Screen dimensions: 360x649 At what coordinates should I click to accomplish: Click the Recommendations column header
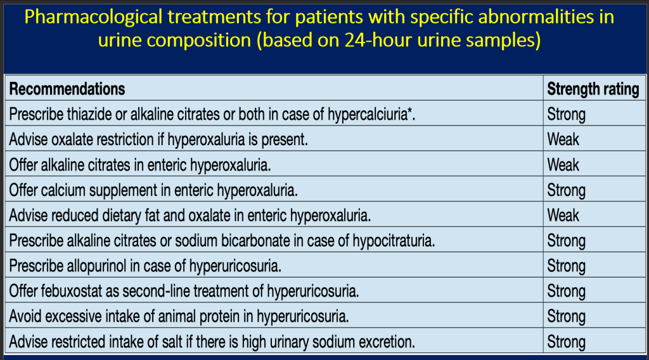tap(67, 89)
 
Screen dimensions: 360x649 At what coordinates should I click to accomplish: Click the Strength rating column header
tap(593, 89)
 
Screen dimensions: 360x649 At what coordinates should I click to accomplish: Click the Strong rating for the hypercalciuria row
tap(566, 114)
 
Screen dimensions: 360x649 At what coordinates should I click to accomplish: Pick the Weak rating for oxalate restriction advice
tap(563, 139)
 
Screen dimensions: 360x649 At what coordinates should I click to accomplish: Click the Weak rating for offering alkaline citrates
tap(563, 165)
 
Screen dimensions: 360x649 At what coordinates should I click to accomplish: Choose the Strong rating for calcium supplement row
tap(566, 190)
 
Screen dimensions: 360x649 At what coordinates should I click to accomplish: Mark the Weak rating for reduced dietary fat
tap(563, 215)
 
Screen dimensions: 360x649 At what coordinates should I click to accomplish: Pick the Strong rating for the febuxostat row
tap(566, 292)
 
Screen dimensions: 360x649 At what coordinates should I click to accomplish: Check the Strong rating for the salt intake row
tap(566, 342)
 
